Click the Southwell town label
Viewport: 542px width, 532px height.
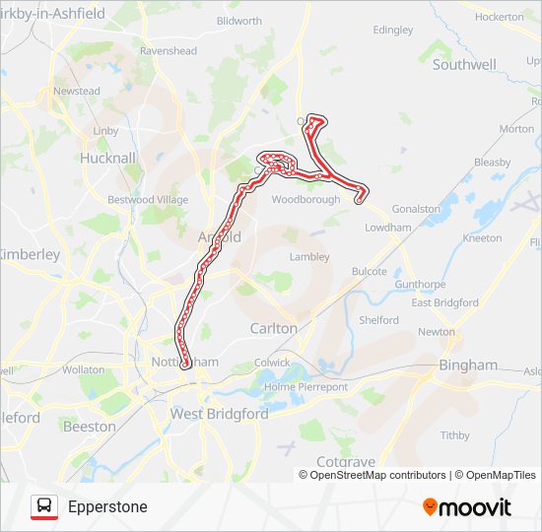coord(464,65)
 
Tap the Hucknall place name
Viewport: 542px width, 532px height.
coord(107,158)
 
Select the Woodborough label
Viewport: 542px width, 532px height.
coord(305,199)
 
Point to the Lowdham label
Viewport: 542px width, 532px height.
coord(387,228)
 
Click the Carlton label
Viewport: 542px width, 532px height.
coord(273,328)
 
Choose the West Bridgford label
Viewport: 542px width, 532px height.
coord(220,415)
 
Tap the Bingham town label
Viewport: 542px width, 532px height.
coord(468,365)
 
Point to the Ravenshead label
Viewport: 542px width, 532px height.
coord(169,51)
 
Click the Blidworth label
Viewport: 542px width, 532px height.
coord(238,21)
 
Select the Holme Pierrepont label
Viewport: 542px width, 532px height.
coord(306,387)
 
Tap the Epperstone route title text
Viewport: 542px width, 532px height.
coord(107,507)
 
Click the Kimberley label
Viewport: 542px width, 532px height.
coord(30,254)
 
